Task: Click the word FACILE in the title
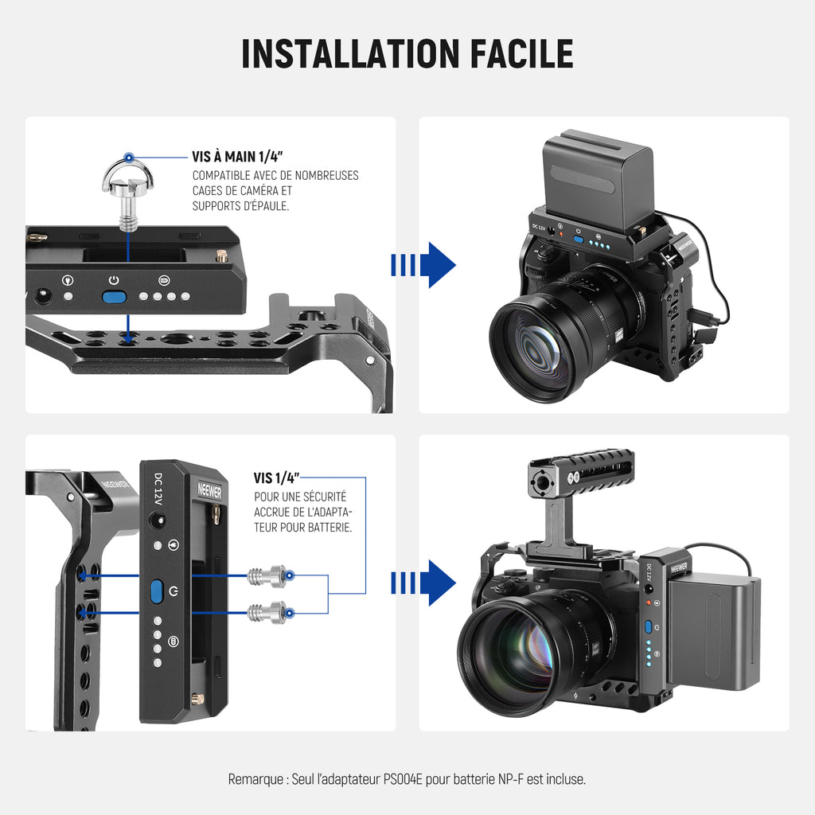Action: [x=521, y=53]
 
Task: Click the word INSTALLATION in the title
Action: [x=351, y=53]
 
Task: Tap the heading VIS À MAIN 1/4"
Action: [x=237, y=157]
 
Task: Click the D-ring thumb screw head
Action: [x=128, y=174]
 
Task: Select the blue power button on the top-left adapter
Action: [x=115, y=297]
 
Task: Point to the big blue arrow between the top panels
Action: [x=423, y=265]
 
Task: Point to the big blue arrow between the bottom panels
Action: [x=423, y=583]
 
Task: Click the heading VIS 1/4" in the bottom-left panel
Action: [x=276, y=478]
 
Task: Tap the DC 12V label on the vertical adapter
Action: [x=158, y=489]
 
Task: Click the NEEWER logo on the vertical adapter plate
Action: [x=209, y=490]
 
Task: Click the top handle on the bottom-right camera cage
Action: [x=579, y=471]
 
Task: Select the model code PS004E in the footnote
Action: [x=403, y=779]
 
